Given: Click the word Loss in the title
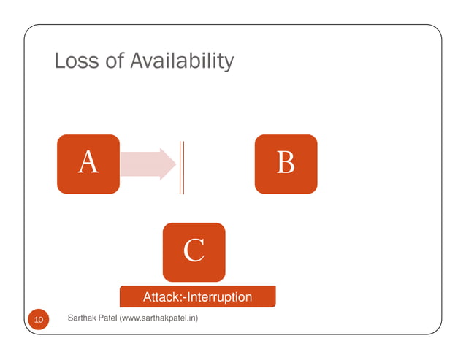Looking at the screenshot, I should click(77, 62).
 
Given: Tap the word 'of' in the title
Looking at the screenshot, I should click(115, 62).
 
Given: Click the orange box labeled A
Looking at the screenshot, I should click(88, 164).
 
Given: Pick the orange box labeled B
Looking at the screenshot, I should click(286, 164).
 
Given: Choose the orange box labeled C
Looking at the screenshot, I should click(194, 252).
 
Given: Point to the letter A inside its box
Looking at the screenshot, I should click(88, 162).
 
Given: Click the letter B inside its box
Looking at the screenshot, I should click(286, 162).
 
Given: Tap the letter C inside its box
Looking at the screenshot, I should click(194, 250).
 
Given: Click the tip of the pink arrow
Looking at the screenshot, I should click(174, 164).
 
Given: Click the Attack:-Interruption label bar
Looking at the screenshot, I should click(197, 296).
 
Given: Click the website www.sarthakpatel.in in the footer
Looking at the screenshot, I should click(166, 318).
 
